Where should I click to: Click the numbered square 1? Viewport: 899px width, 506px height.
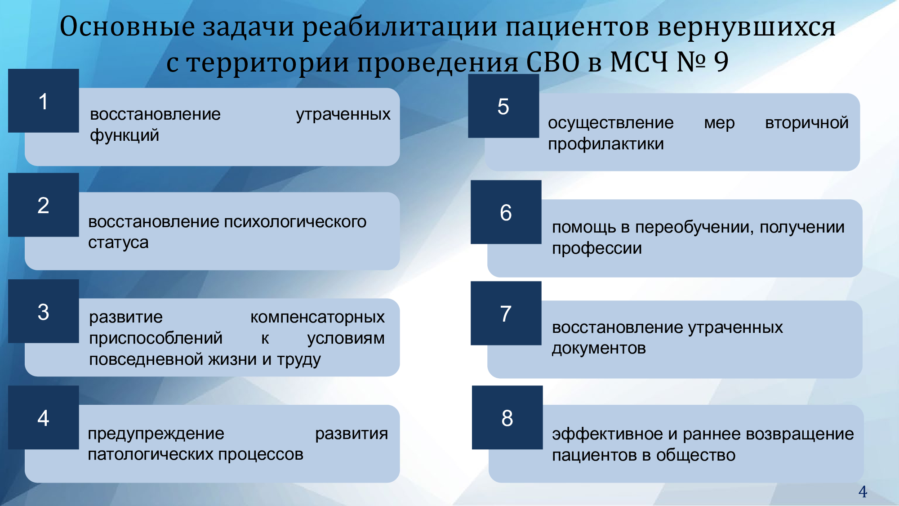pos(44,101)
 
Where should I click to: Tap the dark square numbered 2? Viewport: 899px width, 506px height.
pos(44,205)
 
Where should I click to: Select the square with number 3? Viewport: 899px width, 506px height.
pos(44,311)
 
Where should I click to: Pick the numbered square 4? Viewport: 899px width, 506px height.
pos(44,417)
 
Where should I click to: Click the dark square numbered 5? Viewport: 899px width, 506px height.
pos(503,106)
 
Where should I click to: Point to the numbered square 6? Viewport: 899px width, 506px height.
pos(506,212)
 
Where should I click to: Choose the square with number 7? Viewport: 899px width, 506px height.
pos(506,313)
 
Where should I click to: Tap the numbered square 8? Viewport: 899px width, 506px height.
pos(507,417)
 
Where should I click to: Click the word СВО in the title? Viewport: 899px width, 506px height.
pos(553,62)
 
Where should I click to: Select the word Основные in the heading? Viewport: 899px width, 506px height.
pos(127,27)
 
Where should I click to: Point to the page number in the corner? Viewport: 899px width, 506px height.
pos(863,492)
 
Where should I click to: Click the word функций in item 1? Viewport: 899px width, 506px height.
pos(125,135)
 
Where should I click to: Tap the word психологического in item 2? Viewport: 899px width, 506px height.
pos(295,222)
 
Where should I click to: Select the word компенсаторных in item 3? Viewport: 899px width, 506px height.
pos(317,318)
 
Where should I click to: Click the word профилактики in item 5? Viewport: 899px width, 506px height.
pos(606,144)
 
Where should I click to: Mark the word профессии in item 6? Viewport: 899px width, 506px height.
pos(597,248)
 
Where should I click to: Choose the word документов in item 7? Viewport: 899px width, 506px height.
pos(599,349)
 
